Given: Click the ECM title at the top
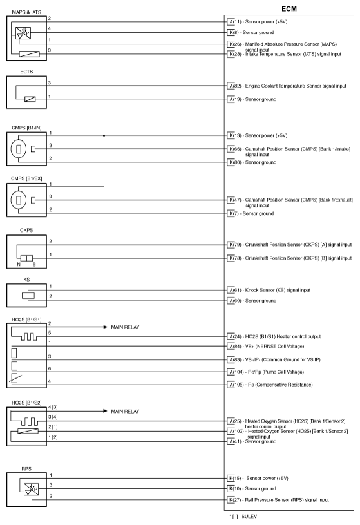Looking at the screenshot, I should click(289, 7).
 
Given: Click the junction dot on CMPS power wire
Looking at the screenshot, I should click(104, 136).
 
